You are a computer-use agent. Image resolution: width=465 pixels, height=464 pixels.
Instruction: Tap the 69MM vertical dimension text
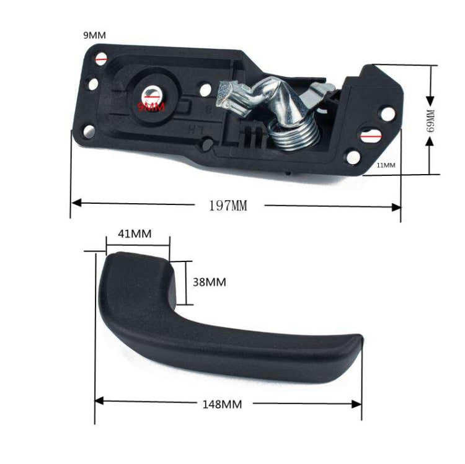[x=432, y=121]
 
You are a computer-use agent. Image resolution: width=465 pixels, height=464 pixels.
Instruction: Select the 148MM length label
[x=221, y=405]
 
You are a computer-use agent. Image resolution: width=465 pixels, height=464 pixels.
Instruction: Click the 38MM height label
[x=209, y=282]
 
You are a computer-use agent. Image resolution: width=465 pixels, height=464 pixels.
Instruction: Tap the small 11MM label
[x=385, y=165]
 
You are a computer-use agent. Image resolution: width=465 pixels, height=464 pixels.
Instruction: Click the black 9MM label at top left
[x=94, y=35]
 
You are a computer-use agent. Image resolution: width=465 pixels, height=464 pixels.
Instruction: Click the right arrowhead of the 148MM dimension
[x=357, y=403]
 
